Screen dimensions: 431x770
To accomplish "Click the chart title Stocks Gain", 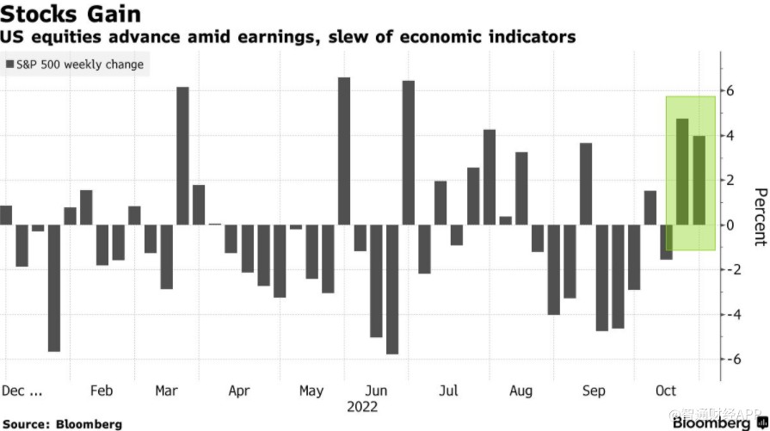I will click(71, 15).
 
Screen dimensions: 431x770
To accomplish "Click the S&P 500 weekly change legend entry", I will click(75, 65).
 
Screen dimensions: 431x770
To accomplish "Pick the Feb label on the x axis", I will click(101, 391).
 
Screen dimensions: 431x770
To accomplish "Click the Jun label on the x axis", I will click(376, 391).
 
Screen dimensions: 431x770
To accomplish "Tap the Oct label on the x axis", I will click(665, 391).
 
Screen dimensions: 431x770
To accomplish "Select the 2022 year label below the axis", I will click(361, 406).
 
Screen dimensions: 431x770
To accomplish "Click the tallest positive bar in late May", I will click(343, 151).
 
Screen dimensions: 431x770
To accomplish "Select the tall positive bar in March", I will click(182, 156).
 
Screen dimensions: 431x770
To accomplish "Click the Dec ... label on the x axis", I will click(22, 391).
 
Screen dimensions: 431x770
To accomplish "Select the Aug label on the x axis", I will click(521, 391).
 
